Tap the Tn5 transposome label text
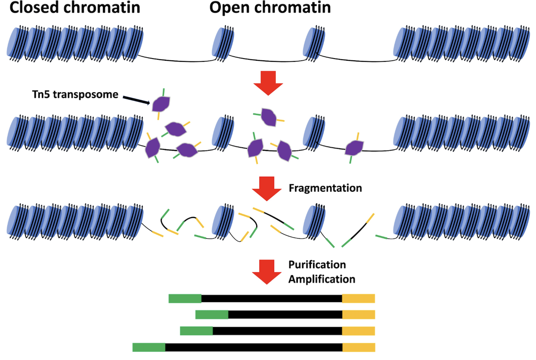tap(75, 94)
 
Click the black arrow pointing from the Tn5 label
tap(136, 99)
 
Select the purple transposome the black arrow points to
tap(161, 104)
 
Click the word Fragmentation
tap(325, 188)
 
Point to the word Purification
tap(317, 264)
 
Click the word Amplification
tap(322, 279)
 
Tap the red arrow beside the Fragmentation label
tap(267, 188)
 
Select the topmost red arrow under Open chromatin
tap(268, 83)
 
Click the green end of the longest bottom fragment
tap(149, 347)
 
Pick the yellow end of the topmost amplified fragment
tap(358, 298)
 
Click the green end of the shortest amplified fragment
tap(212, 315)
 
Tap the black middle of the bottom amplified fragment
tap(253, 347)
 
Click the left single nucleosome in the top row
tap(223, 44)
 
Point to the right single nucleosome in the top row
tap(314, 44)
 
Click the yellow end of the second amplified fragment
tap(358, 315)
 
